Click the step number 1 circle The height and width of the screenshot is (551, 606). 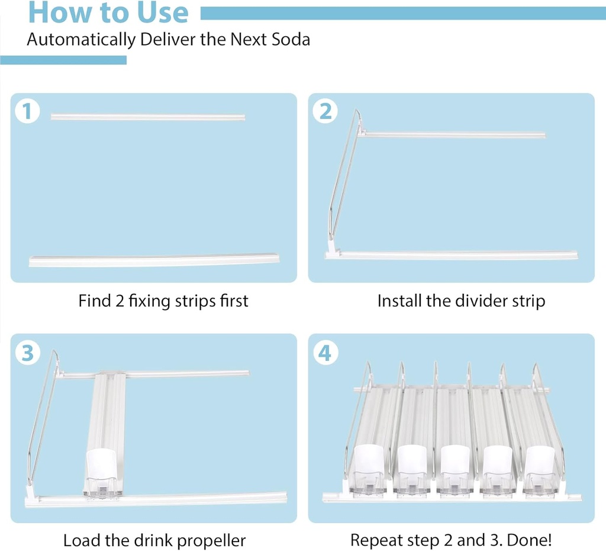[x=27, y=111]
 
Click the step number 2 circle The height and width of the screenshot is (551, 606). [x=325, y=111]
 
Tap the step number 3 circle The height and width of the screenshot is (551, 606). [x=27, y=353]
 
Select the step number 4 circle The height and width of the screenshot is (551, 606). [x=325, y=353]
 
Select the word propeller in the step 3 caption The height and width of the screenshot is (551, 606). [x=208, y=540]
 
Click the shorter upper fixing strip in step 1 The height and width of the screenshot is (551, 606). [x=148, y=117]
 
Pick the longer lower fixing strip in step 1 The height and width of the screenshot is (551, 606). [x=154, y=261]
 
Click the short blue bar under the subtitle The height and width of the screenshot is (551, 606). [x=63, y=60]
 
